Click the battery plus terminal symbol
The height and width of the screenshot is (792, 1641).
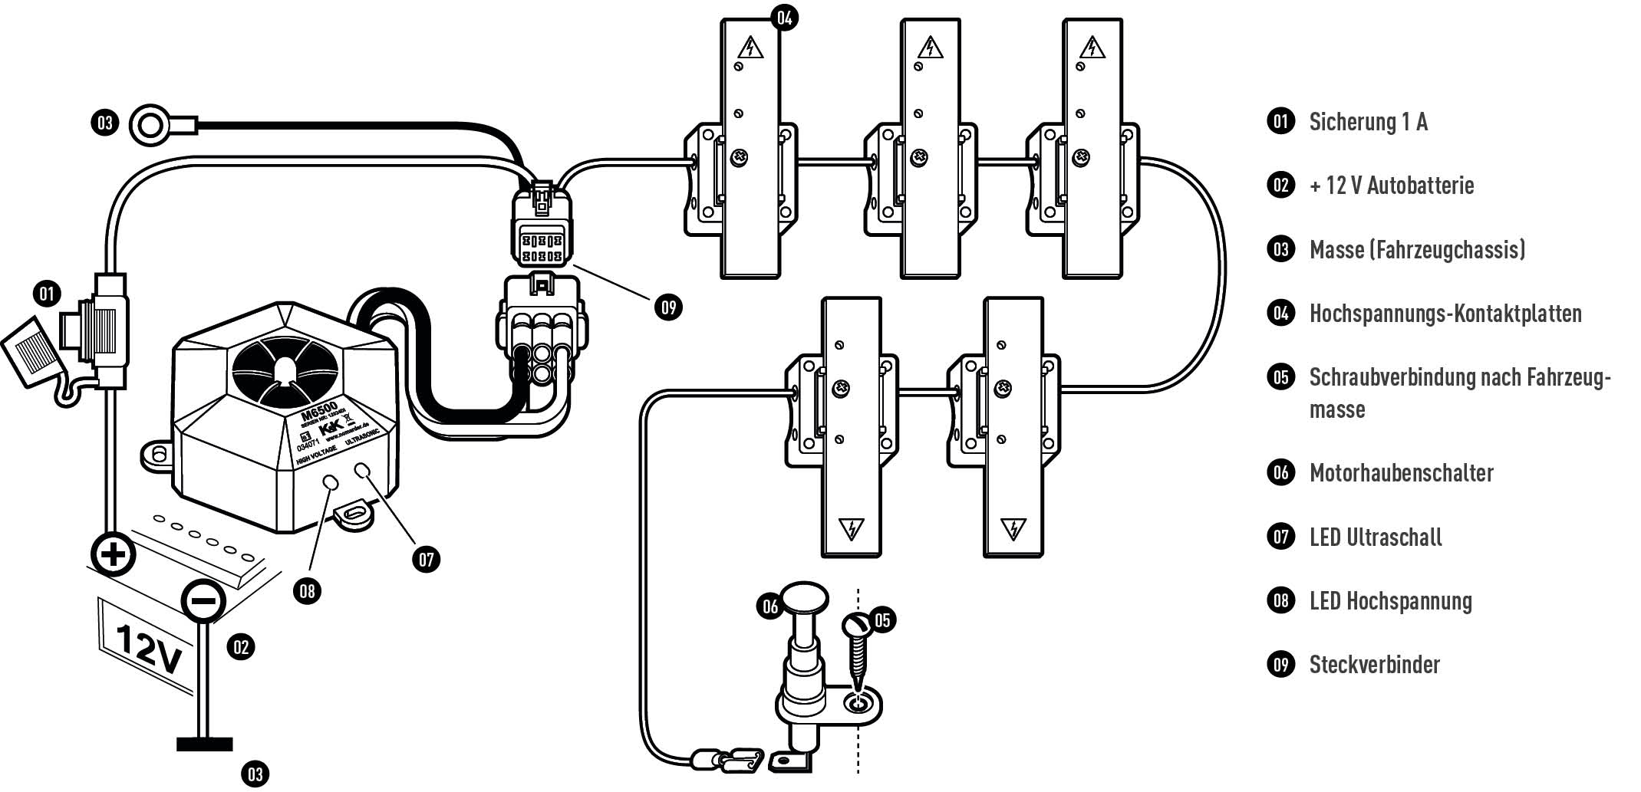[113, 554]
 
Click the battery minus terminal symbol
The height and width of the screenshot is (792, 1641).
[203, 600]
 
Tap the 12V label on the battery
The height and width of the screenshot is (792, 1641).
[150, 649]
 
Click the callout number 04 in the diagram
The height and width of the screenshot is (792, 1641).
[784, 17]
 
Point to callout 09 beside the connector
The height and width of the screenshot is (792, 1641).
[668, 307]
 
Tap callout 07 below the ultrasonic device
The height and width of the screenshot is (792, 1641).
[427, 559]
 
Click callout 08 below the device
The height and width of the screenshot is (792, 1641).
[307, 590]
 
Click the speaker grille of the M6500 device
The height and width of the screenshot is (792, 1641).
[285, 370]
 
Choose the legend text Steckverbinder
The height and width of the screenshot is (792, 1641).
[1374, 664]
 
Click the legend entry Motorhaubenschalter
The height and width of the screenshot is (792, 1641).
[1401, 472]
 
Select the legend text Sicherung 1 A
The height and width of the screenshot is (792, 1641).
[1368, 122]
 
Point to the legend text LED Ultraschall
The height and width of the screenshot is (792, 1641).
[1376, 537]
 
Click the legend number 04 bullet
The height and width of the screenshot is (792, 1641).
[1280, 313]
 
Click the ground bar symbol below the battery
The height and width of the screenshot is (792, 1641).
[204, 744]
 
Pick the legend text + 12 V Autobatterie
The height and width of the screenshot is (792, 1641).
[1392, 186]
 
